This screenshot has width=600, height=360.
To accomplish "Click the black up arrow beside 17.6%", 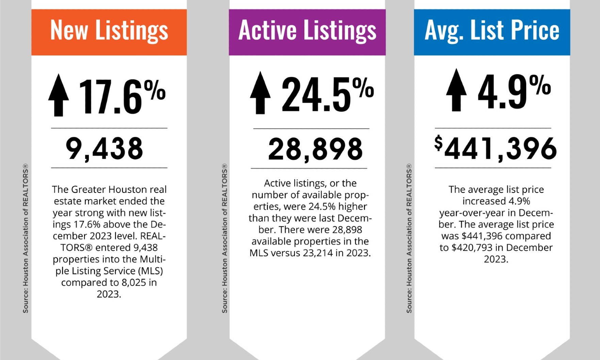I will [x=59, y=95].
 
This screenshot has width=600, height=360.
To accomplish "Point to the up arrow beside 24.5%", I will [x=260, y=93].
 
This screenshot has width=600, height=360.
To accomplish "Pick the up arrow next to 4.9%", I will [x=456, y=90].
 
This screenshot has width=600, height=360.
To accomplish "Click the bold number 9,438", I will [x=104, y=149].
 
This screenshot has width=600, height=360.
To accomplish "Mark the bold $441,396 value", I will [x=495, y=149].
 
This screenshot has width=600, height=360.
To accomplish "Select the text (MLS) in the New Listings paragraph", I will [x=150, y=271].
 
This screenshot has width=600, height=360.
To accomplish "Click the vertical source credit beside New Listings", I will [x=26, y=238].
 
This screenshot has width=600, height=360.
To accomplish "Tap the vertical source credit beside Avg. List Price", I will [x=409, y=238].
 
